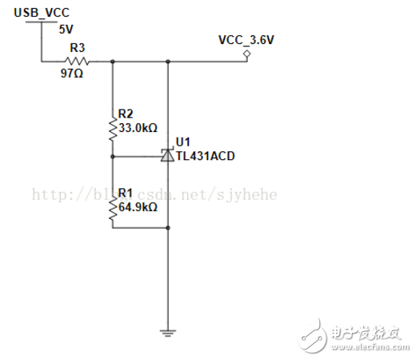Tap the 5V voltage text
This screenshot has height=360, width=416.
tap(66, 29)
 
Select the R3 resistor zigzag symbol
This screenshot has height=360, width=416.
tap(77, 61)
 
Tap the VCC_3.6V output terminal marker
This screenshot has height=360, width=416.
tap(247, 54)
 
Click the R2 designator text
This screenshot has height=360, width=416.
tap(125, 114)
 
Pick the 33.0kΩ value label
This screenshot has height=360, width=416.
tap(137, 126)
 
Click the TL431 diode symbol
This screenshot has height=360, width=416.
tap(167, 156)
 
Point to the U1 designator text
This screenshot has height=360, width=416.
tap(183, 142)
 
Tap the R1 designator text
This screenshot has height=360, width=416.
tap(125, 194)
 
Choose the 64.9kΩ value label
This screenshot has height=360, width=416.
tap(137, 206)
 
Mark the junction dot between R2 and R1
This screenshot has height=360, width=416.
tap(112, 157)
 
